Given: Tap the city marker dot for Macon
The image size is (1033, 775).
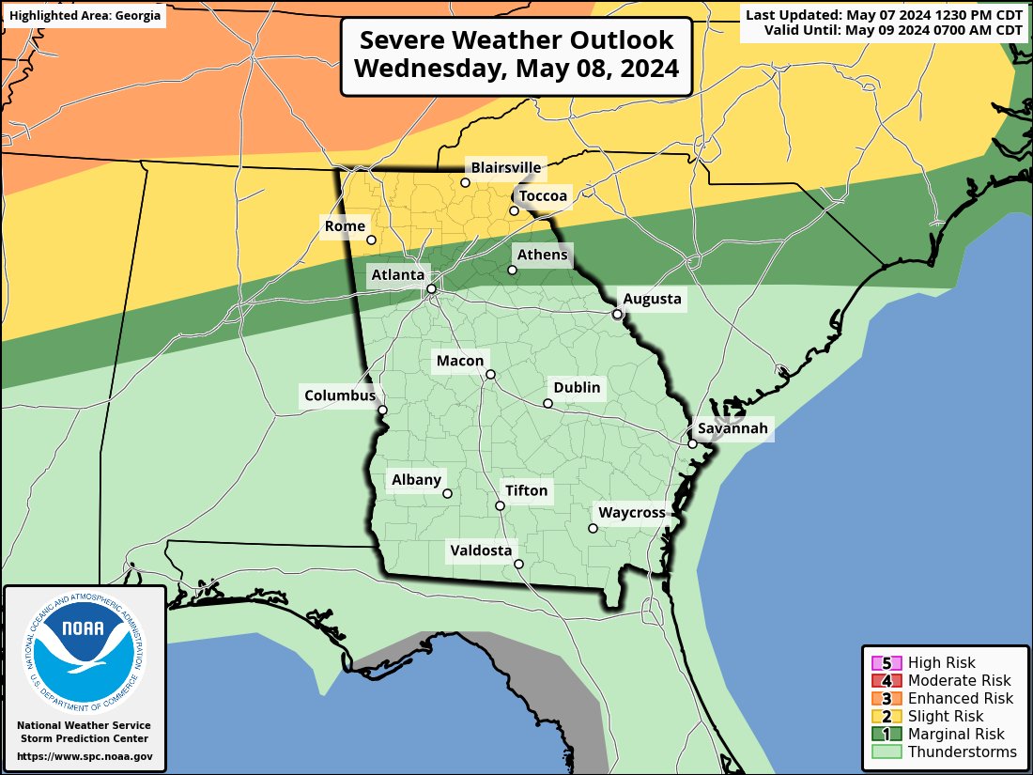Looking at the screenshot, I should (490, 375).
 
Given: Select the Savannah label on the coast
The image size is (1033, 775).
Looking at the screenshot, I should (732, 428).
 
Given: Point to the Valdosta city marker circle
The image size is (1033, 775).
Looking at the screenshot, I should (518, 565).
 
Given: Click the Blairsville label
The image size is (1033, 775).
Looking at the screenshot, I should (506, 167).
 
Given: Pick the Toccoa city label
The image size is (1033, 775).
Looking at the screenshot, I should (543, 195).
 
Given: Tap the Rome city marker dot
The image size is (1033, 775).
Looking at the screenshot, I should (371, 240).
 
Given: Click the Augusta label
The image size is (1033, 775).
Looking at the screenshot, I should (652, 299).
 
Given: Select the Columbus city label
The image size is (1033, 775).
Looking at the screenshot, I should (339, 395).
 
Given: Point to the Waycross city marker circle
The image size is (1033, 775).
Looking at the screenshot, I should (593, 528).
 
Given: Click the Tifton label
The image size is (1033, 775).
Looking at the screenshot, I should (526, 490).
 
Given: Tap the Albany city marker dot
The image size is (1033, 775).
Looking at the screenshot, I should (447, 493).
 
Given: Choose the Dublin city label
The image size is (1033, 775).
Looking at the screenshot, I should (576, 387).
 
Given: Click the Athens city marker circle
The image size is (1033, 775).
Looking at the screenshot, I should (513, 271).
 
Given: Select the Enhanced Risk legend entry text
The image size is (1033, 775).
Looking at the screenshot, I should (960, 698).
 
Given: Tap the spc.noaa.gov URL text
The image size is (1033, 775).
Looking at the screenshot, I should (85, 756).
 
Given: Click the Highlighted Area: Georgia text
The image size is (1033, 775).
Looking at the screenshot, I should (85, 16).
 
